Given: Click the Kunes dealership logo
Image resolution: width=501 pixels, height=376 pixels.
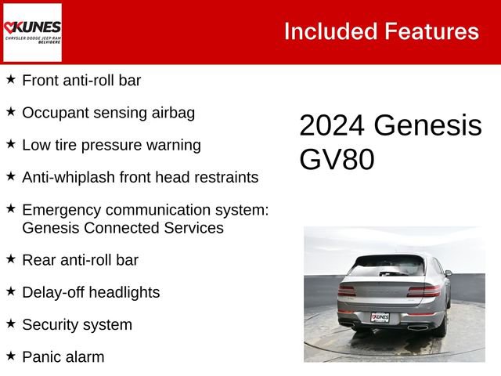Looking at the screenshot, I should pyautogui.click(x=32, y=32).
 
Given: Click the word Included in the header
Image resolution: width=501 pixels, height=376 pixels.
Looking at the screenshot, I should pyautogui.click(x=330, y=31).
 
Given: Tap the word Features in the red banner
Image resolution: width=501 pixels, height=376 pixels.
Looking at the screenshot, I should pyautogui.click(x=431, y=31).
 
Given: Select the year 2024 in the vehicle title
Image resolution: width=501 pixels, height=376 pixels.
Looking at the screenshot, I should pyautogui.click(x=332, y=126).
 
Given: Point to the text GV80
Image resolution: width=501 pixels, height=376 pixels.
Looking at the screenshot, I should pyautogui.click(x=337, y=160).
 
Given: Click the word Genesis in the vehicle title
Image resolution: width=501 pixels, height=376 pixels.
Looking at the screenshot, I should pyautogui.click(x=427, y=126).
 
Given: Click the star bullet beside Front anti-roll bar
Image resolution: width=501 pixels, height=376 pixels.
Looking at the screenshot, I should pyautogui.click(x=11, y=79).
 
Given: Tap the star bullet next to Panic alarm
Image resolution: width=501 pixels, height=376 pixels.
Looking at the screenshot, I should pyautogui.click(x=11, y=356).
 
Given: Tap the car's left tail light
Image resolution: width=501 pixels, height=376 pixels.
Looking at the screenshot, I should pyautogui.click(x=347, y=291).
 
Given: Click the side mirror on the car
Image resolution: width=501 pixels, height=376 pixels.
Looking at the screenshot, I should pyautogui.click(x=448, y=274).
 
